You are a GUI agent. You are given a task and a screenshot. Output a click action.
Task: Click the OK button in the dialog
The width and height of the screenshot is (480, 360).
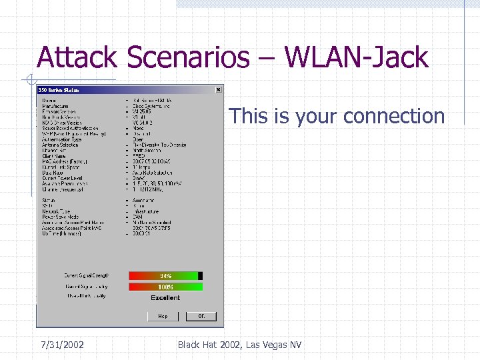tap(201, 316)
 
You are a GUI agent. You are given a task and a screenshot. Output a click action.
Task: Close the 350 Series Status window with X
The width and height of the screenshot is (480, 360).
tap(219, 89)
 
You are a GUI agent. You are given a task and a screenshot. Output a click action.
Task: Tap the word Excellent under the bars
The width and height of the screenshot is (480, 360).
tap(165, 298)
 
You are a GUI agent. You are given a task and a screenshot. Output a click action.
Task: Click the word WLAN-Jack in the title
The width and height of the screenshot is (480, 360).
tap(356, 58)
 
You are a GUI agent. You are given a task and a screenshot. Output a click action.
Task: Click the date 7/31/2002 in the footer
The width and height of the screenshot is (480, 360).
tap(61, 345)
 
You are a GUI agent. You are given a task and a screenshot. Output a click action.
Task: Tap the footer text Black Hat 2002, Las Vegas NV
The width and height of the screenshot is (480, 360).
tap(239, 345)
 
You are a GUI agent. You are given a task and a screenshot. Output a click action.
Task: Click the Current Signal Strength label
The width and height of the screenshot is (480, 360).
tap(86, 275)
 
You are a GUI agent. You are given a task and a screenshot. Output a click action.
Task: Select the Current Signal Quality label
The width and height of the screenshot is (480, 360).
tap(86, 287)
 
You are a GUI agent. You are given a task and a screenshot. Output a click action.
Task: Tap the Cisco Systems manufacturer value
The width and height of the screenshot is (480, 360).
tap(151, 106)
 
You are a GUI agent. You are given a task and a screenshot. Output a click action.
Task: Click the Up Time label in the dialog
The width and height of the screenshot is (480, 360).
tap(62, 233)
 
